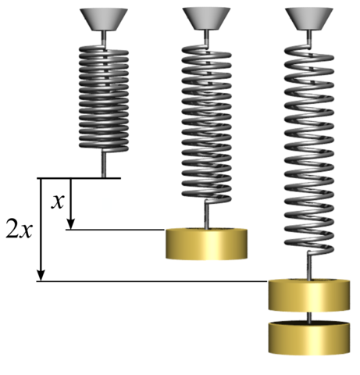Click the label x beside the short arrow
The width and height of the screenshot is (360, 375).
(56, 202)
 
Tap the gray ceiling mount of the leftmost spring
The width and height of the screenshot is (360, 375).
(104, 18)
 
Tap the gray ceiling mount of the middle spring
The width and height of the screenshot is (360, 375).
(206, 18)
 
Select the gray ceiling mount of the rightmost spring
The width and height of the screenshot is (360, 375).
(308, 18)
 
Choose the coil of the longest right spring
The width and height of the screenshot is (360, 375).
(308, 148)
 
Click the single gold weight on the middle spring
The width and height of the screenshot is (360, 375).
(206, 243)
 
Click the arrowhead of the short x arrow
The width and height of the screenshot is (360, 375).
(70, 225)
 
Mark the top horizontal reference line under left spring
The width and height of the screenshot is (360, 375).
(78, 178)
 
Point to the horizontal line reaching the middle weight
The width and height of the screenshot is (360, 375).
(117, 230)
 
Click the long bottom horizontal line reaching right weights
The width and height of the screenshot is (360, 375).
(156, 281)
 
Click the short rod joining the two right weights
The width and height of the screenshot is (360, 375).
(308, 316)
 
